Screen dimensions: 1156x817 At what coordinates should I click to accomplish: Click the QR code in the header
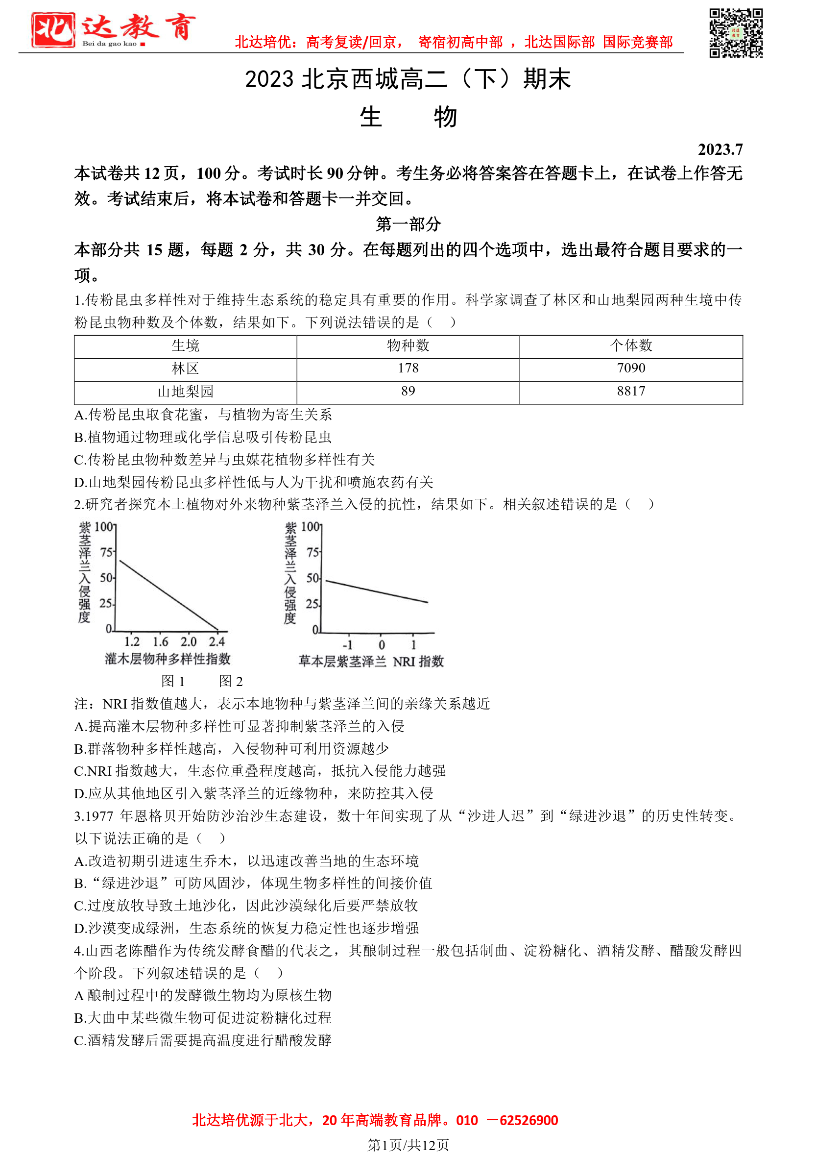pos(736,33)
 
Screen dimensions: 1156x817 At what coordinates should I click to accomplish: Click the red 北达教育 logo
pos(113,29)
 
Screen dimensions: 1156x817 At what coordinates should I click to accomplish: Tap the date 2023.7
pos(720,149)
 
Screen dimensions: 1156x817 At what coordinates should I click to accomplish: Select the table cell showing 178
pos(408,369)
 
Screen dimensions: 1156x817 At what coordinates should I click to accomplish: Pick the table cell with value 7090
pos(631,369)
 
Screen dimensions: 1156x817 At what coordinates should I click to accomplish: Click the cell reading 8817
pos(631,392)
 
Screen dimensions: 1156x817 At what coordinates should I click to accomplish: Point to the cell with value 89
pos(408,392)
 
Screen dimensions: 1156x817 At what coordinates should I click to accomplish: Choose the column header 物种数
pos(408,345)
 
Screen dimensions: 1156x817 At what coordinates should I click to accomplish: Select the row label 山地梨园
pos(185,392)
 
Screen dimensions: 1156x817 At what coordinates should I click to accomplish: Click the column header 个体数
pos(631,345)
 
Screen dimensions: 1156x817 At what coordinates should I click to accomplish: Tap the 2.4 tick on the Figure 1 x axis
pos(217,642)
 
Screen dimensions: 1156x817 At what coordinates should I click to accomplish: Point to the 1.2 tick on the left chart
pos(132,642)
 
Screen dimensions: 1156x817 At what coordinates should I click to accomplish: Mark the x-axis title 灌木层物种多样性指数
pos(168,659)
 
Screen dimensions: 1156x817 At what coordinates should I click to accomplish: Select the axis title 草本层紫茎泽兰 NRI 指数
pos(371,662)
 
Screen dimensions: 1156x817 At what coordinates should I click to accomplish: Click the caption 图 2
pos(231,682)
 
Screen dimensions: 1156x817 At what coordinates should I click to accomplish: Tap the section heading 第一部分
pos(408,224)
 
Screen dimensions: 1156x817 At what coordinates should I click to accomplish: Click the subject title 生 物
pos(408,118)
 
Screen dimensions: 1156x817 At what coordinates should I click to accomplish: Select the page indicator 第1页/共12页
pos(408,1145)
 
